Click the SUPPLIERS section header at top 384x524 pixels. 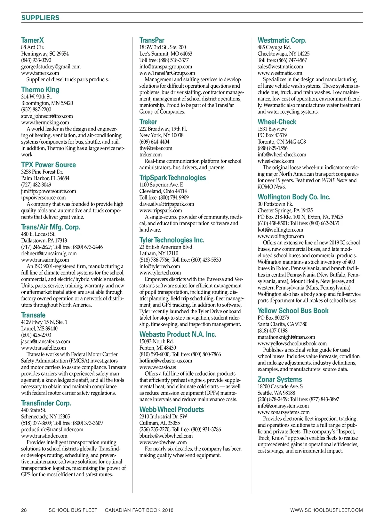(40, 18)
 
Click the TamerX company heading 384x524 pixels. (32, 40)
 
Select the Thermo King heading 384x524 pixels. (40, 90)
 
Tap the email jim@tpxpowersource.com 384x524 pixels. (49, 191)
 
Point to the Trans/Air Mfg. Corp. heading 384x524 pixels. (51, 227)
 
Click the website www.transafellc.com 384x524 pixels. (44, 348)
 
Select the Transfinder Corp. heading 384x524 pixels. (46, 403)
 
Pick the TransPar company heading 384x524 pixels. (152, 40)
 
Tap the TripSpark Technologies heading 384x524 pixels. (172, 178)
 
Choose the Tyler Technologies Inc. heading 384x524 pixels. (172, 240)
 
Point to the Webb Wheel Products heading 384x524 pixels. (172, 409)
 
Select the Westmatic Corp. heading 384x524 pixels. (282, 40)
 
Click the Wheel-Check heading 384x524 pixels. (277, 122)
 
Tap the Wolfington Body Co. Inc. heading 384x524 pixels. (294, 197)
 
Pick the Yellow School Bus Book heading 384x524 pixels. (293, 311)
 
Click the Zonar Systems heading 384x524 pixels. (280, 379)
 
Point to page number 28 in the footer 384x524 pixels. (24, 510)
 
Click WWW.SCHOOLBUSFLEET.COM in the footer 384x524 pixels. (326, 510)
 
